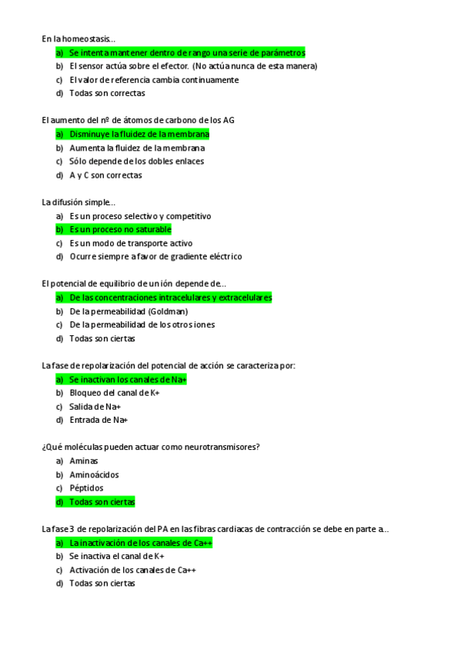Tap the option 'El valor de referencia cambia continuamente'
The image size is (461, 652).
[x=154, y=80]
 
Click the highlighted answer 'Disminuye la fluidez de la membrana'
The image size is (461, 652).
[x=139, y=135]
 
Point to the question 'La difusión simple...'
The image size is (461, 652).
[x=79, y=202]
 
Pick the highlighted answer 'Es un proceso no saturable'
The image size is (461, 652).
[x=120, y=230]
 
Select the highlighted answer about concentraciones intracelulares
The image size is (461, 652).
[x=170, y=298]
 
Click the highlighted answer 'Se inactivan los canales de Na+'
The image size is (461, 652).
[x=128, y=380]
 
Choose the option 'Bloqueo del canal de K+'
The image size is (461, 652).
[x=114, y=393]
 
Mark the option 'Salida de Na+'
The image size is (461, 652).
[x=95, y=407]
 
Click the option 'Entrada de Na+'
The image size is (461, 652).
[x=99, y=421]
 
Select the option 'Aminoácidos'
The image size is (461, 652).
[x=94, y=475]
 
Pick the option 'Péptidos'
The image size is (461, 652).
[x=86, y=488]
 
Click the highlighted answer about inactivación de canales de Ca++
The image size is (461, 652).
[x=141, y=543]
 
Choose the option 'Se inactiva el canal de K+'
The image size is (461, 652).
[x=117, y=556]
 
